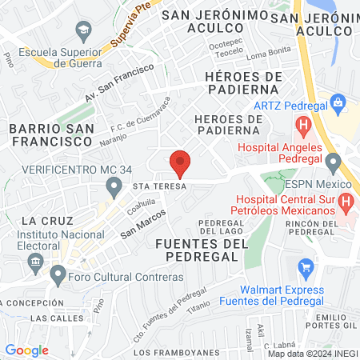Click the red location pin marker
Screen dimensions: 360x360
[180, 164]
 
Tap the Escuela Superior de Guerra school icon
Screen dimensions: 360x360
[82, 30]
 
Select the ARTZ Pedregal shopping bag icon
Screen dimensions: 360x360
[339, 102]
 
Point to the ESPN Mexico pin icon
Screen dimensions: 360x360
[333, 163]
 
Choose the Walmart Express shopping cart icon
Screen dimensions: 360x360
[305, 266]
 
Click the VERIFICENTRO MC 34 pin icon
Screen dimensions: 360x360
[114, 187]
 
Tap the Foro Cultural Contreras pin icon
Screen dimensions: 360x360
[57, 275]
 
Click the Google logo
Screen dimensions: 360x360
[26, 350]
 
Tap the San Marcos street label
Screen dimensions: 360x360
[143, 224]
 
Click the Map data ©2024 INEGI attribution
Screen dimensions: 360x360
[312, 354]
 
